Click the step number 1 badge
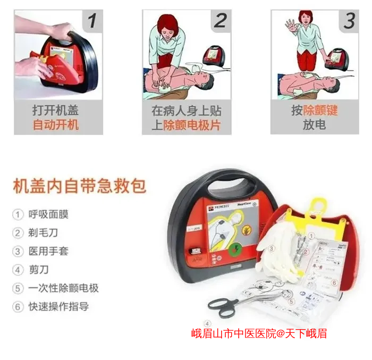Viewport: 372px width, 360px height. pyautogui.click(x=91, y=21)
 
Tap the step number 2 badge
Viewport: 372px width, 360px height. pyautogui.click(x=220, y=21)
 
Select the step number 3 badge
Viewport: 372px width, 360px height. pyautogui.click(x=349, y=21)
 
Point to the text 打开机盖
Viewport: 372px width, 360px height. pyautogui.click(x=56, y=111)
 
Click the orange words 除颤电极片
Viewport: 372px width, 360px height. pyautogui.click(x=191, y=125)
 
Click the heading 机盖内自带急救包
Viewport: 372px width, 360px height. pyautogui.click(x=79, y=187)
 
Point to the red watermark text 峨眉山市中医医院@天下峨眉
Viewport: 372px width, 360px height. pyautogui.click(x=259, y=334)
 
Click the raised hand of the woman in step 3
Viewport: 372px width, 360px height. pyautogui.click(x=290, y=25)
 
